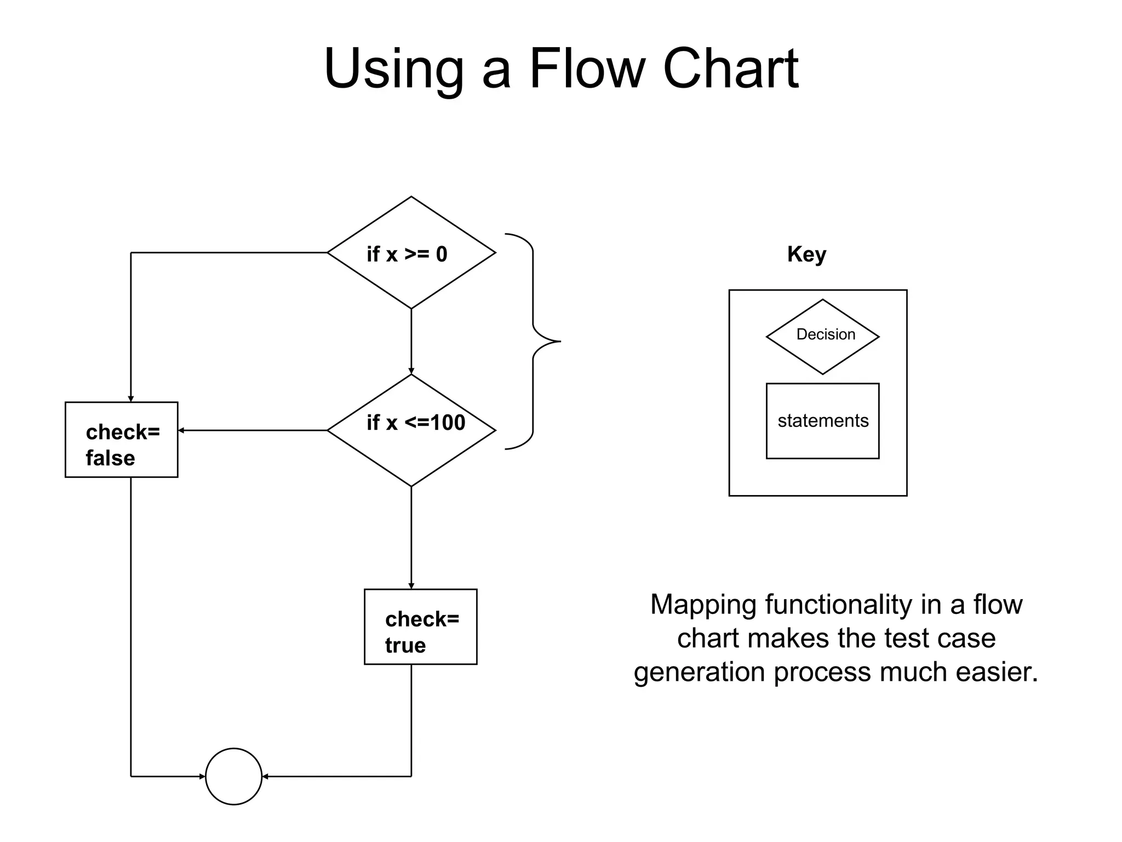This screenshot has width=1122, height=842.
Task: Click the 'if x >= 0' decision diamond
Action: point(411,253)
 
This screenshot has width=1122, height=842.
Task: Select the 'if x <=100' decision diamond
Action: point(411,430)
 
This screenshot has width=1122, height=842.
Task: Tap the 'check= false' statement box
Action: point(121,440)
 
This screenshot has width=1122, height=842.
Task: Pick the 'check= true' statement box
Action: point(420,627)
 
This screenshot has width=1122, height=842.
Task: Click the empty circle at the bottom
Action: point(233,776)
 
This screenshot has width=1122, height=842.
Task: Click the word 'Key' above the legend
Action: point(806,254)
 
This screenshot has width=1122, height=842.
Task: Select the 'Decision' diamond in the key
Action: point(822,336)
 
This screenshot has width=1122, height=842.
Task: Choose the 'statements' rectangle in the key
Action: point(822,420)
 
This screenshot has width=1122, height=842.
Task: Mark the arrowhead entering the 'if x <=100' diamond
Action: point(411,371)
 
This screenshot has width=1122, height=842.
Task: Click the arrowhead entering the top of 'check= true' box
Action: point(411,585)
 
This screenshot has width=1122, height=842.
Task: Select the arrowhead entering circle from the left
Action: point(202,776)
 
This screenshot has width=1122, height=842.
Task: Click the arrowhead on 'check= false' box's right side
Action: point(181,430)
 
